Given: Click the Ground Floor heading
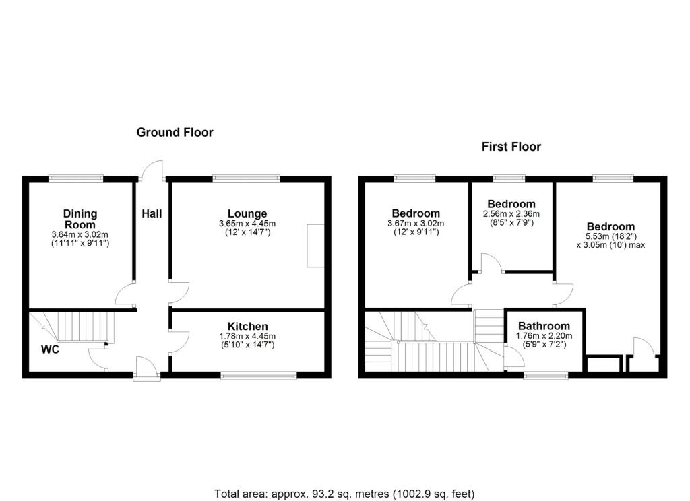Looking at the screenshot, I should pos(175,133).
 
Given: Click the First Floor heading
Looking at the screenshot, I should pos(511,147).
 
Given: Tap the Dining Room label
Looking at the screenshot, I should pos(80,220).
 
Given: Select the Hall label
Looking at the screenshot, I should pos(152,214).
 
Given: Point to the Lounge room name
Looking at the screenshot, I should pos(247,214).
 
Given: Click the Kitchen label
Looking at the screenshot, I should pos(247,327).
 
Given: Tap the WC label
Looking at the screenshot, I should pos(51,350).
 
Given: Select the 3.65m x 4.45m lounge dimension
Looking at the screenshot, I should pos(247,224).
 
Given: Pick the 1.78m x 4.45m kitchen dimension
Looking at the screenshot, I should pos(247,336).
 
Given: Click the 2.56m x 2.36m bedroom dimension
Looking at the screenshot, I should pos(511,213).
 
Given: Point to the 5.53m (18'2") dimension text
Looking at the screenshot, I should pos(610,236).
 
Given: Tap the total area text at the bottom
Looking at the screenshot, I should pos(344,494).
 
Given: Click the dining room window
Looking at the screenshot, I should pos(76,178).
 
